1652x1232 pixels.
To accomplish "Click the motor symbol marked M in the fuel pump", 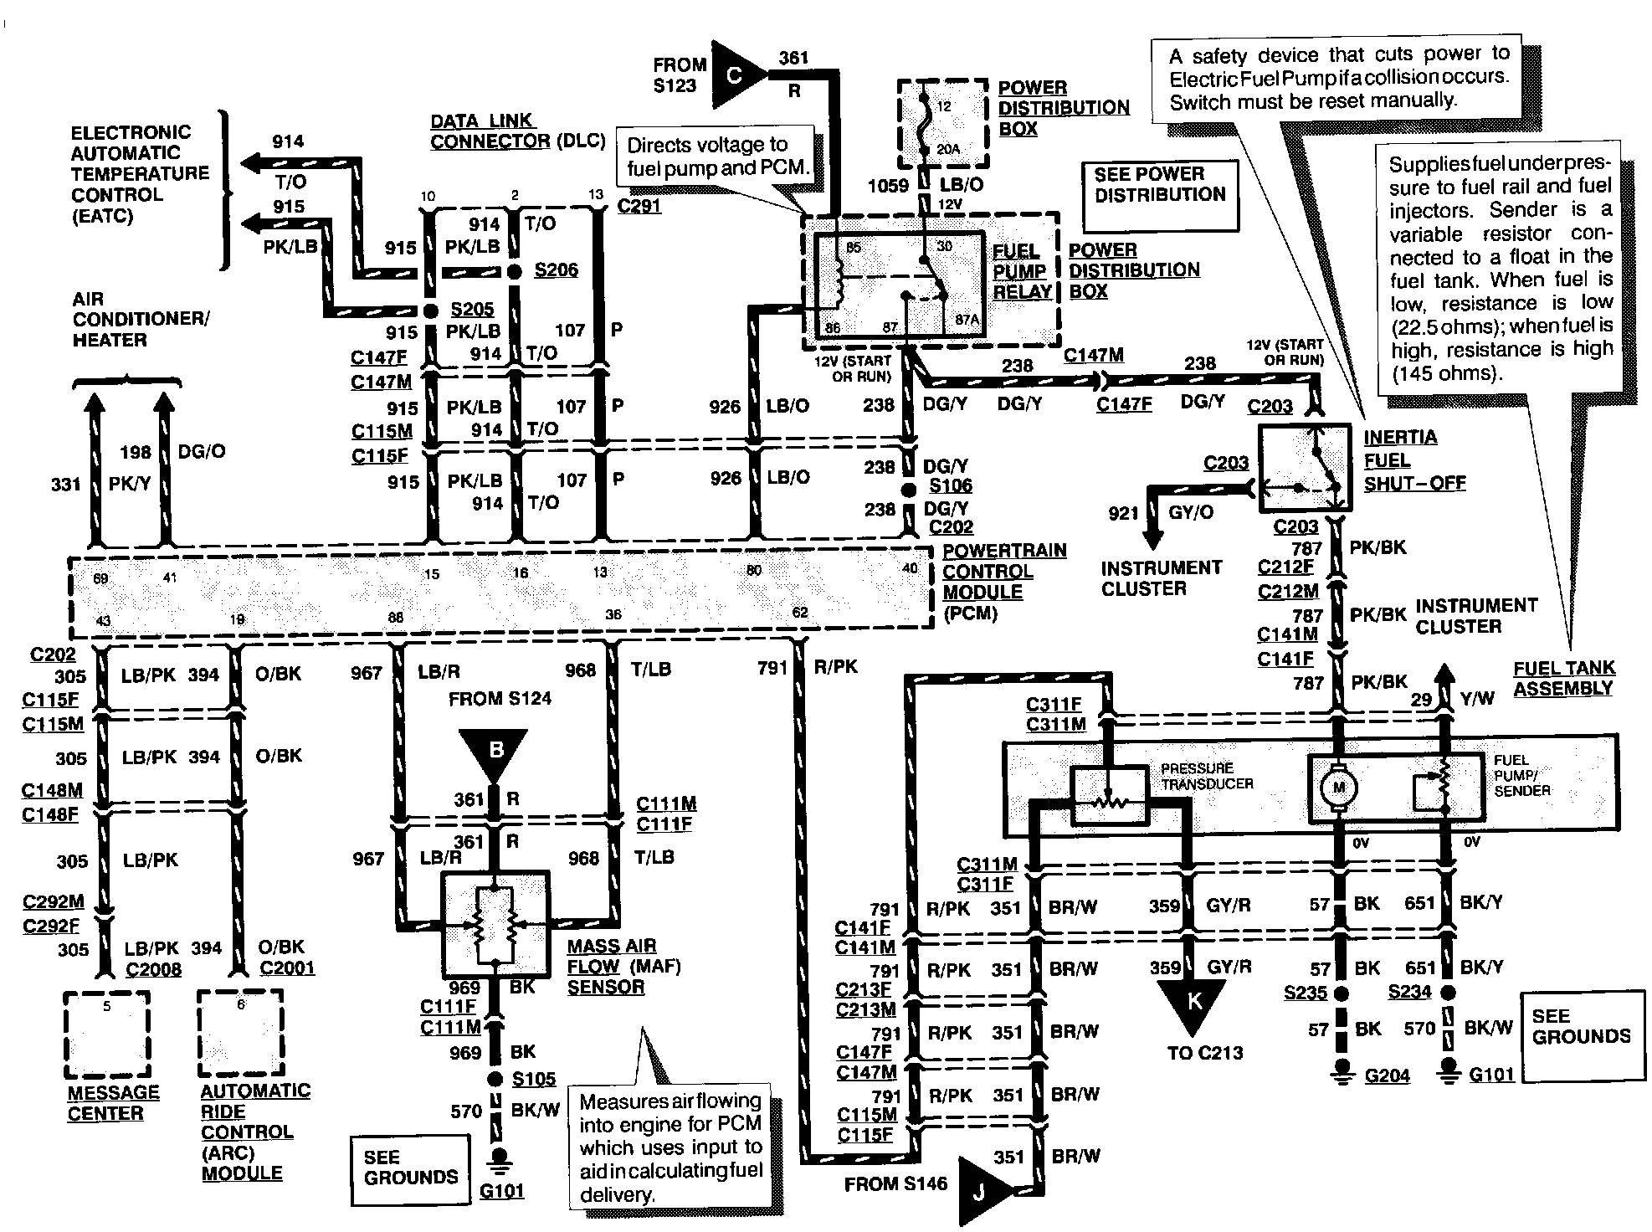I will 1338,787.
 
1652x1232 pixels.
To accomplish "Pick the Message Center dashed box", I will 107,1034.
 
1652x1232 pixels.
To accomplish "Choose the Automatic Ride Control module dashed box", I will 241,1034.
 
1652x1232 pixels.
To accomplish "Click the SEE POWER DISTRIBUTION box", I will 1159,194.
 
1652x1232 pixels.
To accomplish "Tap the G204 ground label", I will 1387,1075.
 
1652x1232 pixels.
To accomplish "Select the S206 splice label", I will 556,270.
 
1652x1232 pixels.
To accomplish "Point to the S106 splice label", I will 951,486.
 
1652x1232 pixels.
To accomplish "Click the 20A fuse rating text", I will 947,150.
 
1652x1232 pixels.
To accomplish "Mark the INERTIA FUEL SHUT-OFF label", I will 1413,460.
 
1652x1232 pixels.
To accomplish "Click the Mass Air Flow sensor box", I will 496,925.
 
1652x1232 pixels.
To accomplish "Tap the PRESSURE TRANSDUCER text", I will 1206,775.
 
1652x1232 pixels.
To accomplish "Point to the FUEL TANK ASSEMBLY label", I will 1562,678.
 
